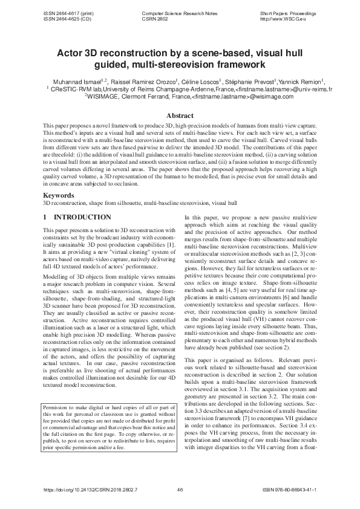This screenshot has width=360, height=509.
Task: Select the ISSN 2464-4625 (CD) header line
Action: coord(64,19)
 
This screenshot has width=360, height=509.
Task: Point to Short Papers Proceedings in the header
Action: coord(288,13)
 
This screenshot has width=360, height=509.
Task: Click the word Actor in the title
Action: coord(71,53)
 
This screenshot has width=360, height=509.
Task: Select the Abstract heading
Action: coord(180,115)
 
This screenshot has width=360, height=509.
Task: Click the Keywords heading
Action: coord(59,196)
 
